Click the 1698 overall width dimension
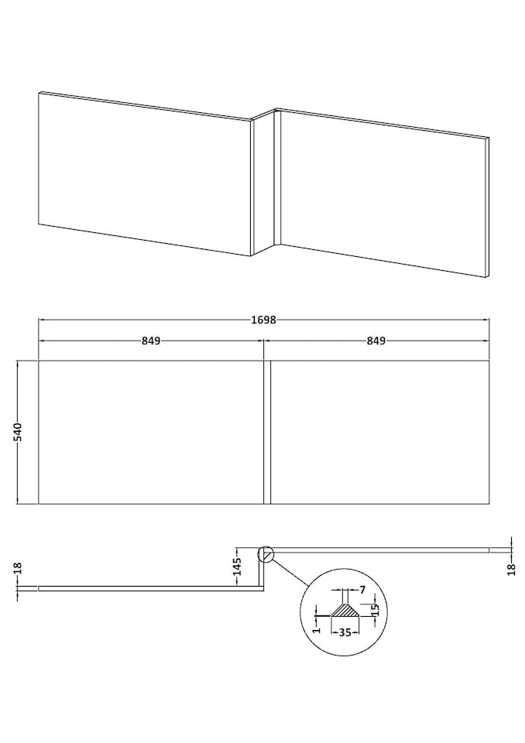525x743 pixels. coord(263,319)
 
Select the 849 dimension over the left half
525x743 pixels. coord(151,341)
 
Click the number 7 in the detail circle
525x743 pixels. coord(362,591)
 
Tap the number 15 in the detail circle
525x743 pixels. coord(375,608)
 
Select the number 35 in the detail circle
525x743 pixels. coord(344,632)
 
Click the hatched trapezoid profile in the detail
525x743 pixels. coord(344,611)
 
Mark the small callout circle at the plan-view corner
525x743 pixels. coord(265,553)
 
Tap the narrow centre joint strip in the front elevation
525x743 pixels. coord(266,432)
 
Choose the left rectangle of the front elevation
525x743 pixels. coord(151,432)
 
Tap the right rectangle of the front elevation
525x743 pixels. coord(379,432)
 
